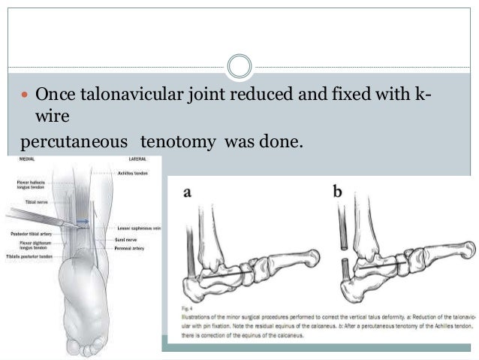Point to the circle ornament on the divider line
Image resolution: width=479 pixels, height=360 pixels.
coord(239,65)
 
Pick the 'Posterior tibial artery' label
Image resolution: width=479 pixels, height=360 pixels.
coord(29,234)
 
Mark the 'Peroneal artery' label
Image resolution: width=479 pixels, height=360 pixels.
coord(132,245)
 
